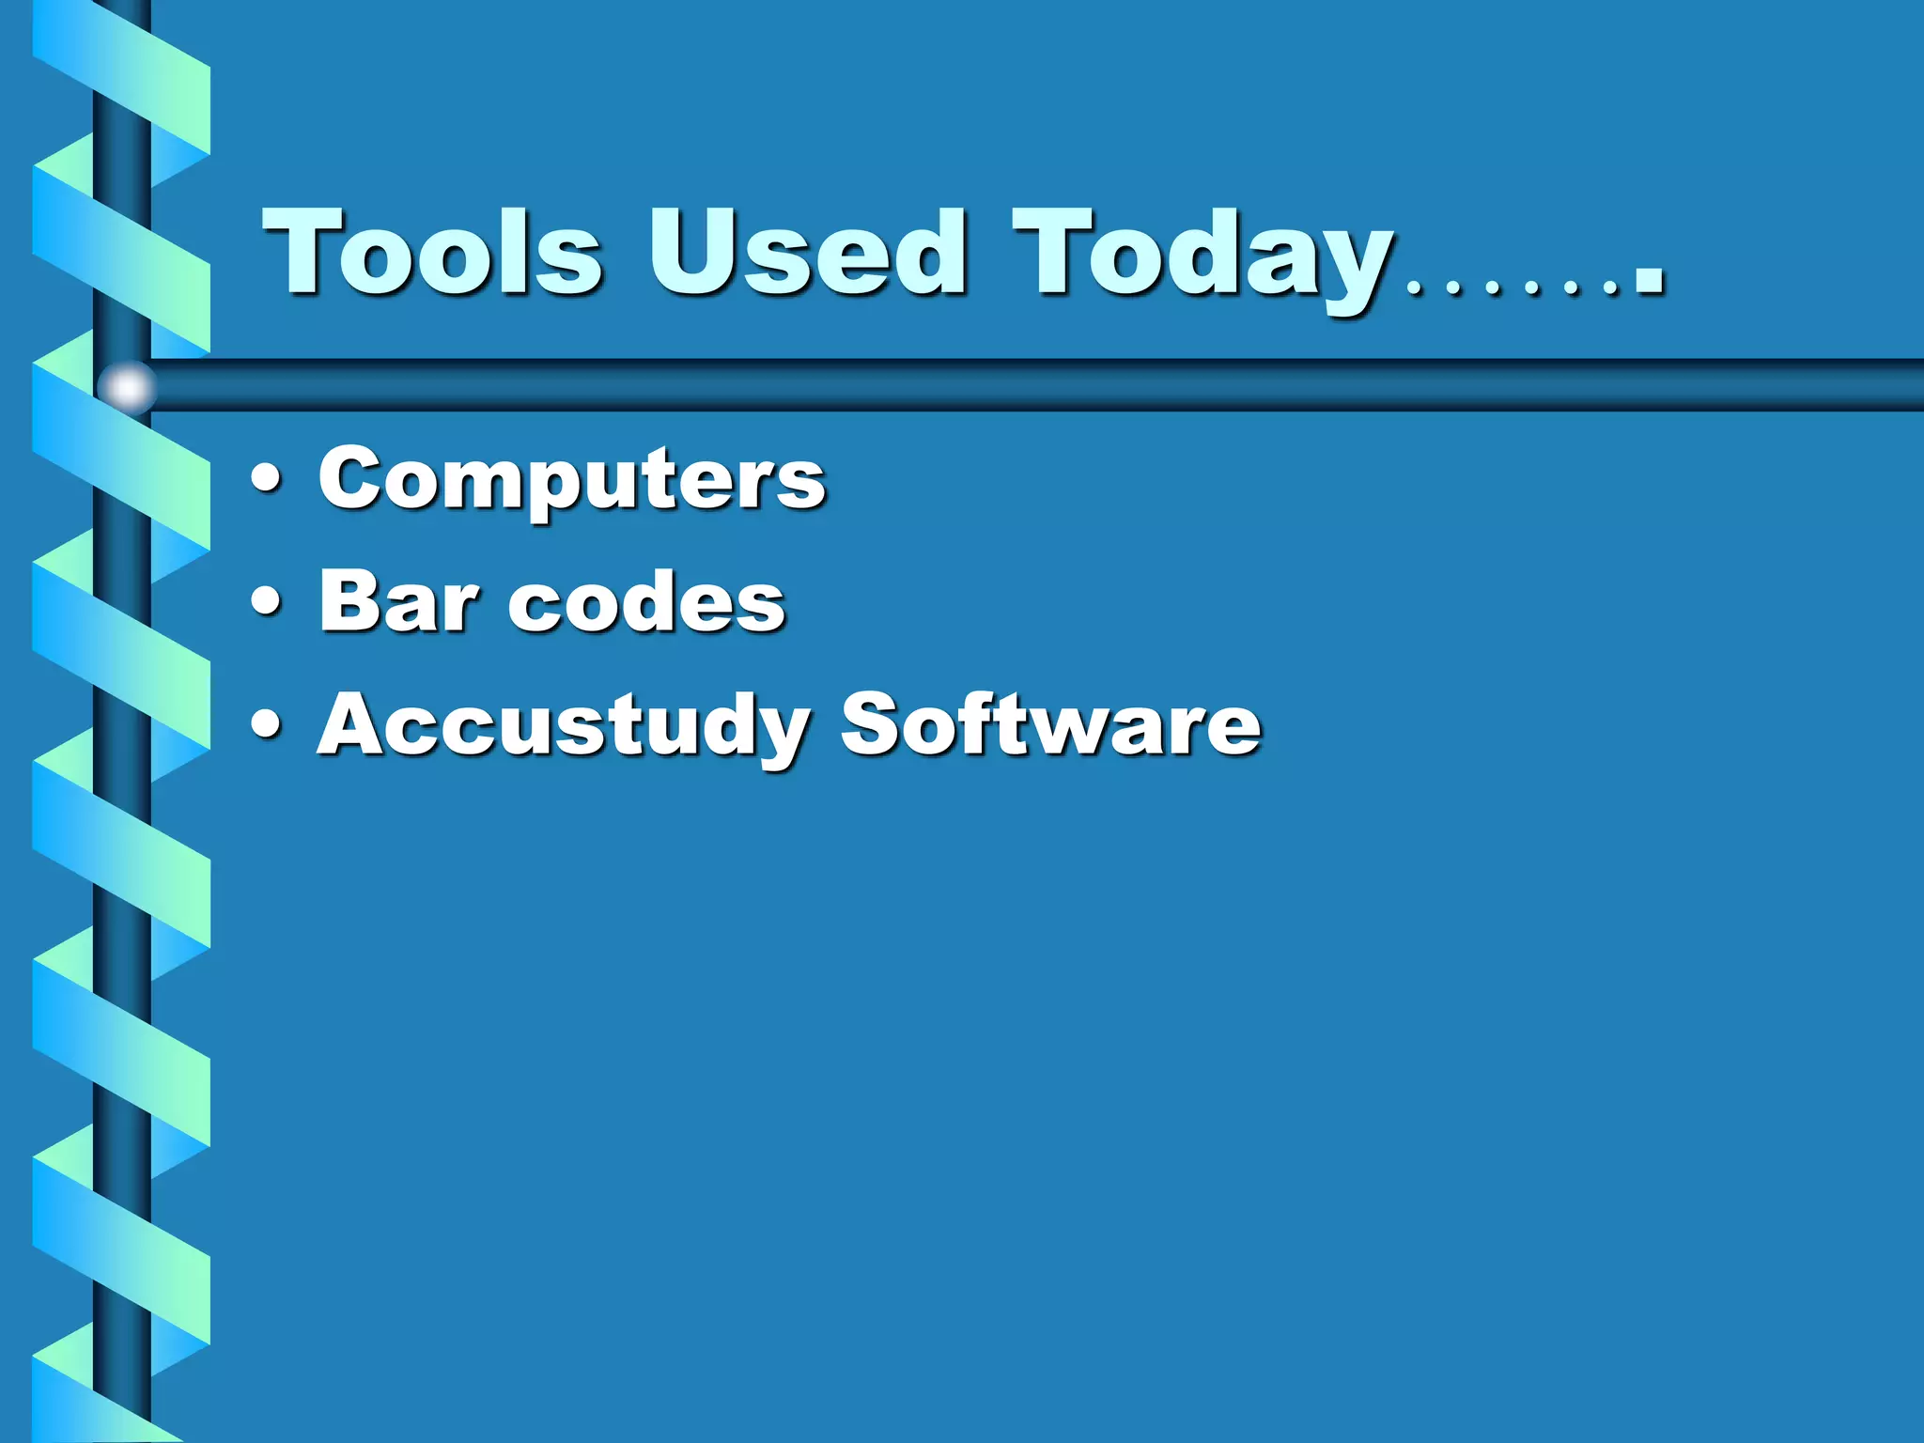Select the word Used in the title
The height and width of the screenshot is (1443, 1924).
pos(806,252)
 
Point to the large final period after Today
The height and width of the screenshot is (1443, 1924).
pos(1649,279)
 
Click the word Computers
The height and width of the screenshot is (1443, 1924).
pos(571,479)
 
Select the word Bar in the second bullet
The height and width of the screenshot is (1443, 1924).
pos(398,601)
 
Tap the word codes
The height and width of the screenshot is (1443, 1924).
pos(646,601)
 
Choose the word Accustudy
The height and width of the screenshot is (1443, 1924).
pos(562,725)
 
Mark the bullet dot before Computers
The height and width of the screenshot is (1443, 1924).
pos(267,477)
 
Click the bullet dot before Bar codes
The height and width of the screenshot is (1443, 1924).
pos(267,601)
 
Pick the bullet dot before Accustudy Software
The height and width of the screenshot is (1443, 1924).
pos(267,724)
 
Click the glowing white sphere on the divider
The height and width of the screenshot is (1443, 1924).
pos(128,386)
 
